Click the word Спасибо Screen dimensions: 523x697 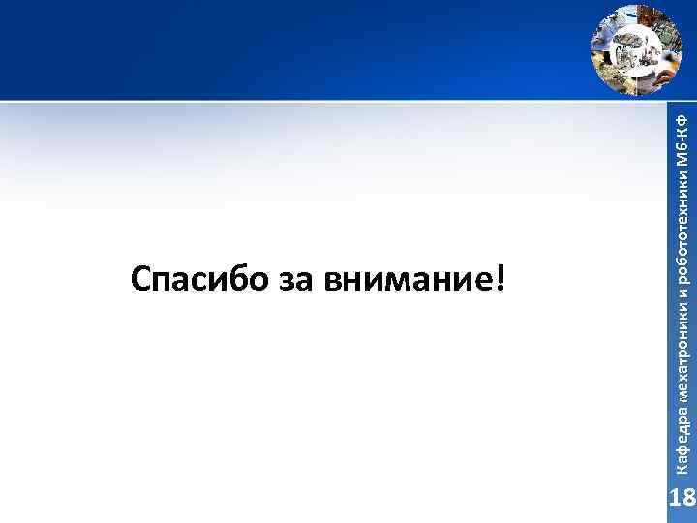[x=198, y=281]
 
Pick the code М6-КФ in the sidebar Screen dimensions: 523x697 [x=682, y=135]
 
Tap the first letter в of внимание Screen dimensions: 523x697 [x=334, y=283]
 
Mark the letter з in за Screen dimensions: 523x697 [x=288, y=283]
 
